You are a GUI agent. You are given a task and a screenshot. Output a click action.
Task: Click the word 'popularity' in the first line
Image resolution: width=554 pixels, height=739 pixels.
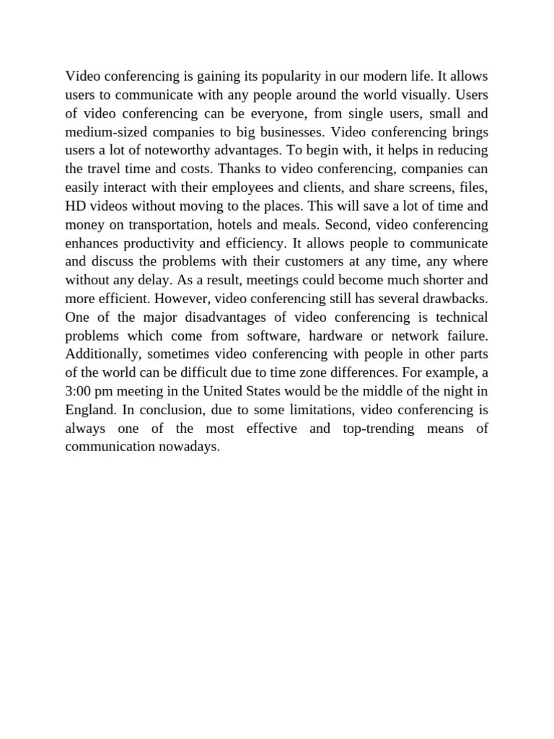coord(270,76)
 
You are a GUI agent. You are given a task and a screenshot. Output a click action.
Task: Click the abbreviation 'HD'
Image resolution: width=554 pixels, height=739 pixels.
coord(74,207)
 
